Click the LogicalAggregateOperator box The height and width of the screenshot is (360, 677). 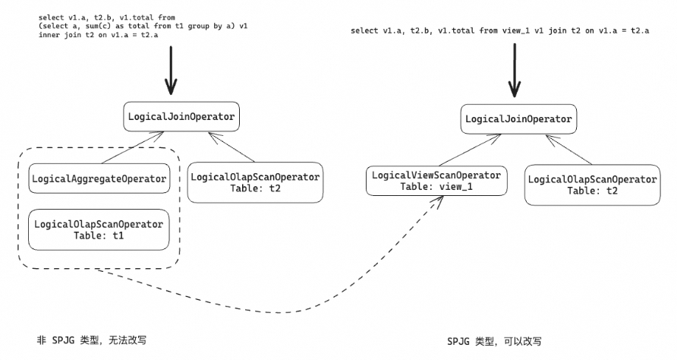[99, 178]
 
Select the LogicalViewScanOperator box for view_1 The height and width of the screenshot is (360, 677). [434, 181]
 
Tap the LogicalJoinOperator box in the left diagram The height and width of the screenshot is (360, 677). [181, 117]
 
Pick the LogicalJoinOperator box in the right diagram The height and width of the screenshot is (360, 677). [518, 119]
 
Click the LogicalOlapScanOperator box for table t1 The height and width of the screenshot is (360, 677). [99, 229]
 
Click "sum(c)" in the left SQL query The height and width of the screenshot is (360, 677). [96, 27]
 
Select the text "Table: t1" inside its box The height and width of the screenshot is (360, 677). [99, 235]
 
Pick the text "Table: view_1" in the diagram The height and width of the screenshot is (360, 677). [434, 186]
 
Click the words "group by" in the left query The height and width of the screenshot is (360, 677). [199, 27]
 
